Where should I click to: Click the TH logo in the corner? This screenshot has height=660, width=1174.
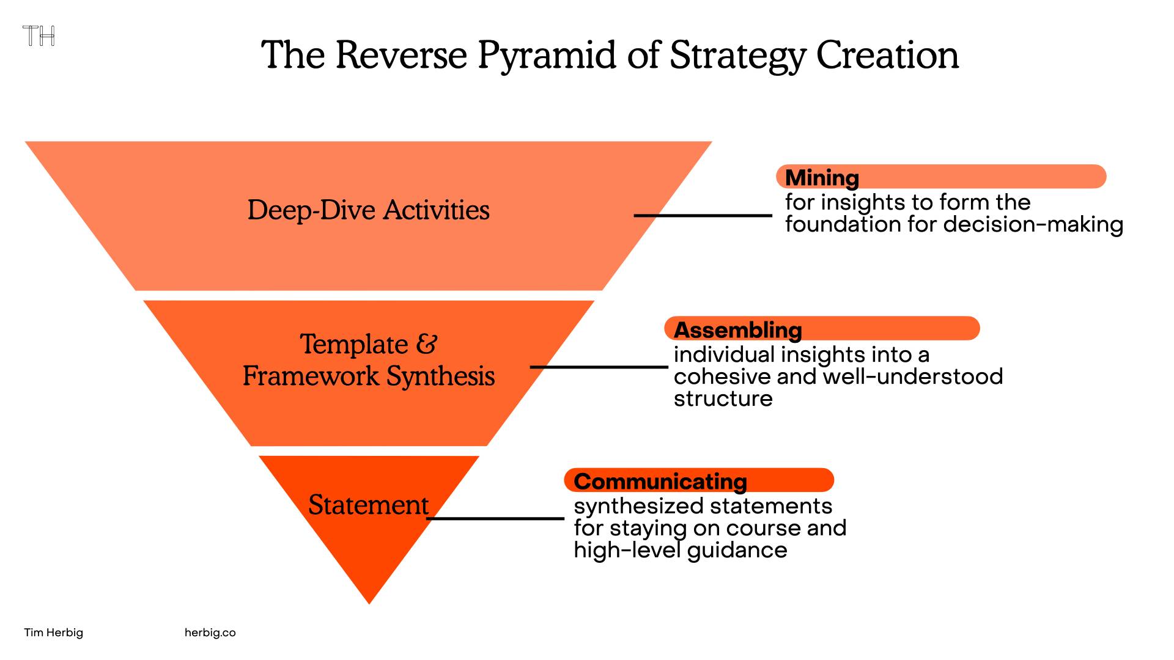click(x=39, y=36)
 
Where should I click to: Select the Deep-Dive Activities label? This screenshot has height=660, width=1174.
click(x=368, y=210)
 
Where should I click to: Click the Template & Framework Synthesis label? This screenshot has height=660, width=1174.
click(x=368, y=360)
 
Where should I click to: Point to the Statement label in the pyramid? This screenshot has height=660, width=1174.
click(x=368, y=505)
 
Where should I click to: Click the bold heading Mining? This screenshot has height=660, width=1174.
click(x=822, y=178)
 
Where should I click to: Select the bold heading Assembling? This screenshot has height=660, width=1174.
click(x=737, y=330)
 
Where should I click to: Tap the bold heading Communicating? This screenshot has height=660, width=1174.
click(x=660, y=482)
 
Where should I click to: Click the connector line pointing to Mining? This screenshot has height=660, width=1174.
click(x=703, y=215)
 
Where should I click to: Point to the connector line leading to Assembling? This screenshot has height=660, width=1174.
click(x=599, y=367)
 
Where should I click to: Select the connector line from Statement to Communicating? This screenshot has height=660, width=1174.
click(x=495, y=518)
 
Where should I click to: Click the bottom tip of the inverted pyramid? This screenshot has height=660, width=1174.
click(x=369, y=604)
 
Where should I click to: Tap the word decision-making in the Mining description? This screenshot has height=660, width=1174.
click(x=1033, y=224)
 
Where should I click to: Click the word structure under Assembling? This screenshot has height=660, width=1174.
click(x=723, y=398)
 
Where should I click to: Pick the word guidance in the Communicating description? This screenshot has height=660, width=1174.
click(x=737, y=551)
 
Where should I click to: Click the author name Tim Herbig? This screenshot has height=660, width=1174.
click(x=54, y=632)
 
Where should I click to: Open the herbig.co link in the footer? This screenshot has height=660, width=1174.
click(x=210, y=632)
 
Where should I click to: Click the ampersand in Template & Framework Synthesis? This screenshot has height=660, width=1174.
click(x=427, y=343)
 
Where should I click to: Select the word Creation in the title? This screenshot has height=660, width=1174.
click(x=887, y=56)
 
